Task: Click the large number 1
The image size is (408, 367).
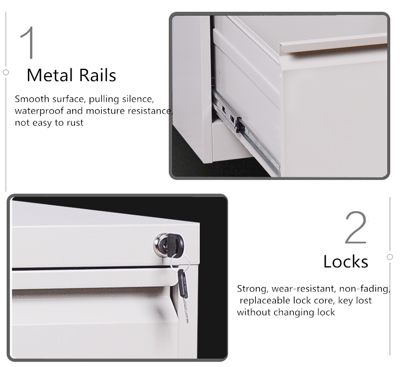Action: point(28,43)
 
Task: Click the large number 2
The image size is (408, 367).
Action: point(356,227)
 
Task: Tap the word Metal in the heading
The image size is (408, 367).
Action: point(50,75)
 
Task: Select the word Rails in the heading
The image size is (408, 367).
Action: point(97,75)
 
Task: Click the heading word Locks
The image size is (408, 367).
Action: point(346,261)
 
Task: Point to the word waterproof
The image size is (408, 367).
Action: point(39,111)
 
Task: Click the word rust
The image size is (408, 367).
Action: point(75,123)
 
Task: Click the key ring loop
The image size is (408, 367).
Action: point(180,263)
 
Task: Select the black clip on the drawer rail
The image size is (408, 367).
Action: point(239,125)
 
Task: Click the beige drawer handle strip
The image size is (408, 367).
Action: point(334,44)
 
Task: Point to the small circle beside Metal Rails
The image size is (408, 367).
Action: point(6,72)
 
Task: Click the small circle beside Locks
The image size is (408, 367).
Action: point(390,257)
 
